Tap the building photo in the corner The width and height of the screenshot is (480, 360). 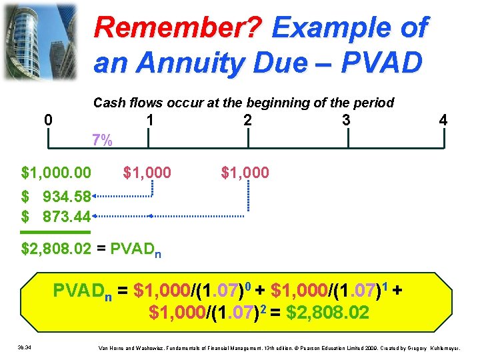coord(39,40)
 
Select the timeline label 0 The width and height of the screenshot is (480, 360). coord(47,121)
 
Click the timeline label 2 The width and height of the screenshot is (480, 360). coord(247,121)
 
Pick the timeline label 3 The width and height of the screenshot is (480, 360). coord(345,121)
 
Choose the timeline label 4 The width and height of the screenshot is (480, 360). coord(443,121)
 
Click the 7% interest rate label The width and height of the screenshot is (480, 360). coord(102,141)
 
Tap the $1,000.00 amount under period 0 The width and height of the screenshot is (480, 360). coord(57,173)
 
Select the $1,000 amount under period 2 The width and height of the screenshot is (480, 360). coord(245,173)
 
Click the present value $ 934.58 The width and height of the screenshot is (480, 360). coord(56,197)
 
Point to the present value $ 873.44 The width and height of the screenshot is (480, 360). coord(56,217)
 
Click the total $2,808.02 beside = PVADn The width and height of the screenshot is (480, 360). coord(55,250)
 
